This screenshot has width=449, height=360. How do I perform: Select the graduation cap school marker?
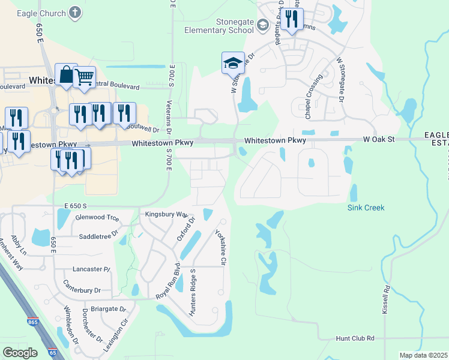(233, 62)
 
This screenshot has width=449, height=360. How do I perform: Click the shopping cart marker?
(85, 77)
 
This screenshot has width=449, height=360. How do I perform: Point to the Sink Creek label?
(366, 208)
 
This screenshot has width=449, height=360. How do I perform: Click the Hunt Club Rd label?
(355, 338)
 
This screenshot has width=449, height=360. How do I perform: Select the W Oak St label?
(378, 140)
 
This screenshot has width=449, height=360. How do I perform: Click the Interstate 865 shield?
(31, 322)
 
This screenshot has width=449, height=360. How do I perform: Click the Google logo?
(20, 352)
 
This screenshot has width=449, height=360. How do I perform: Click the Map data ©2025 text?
(423, 355)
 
